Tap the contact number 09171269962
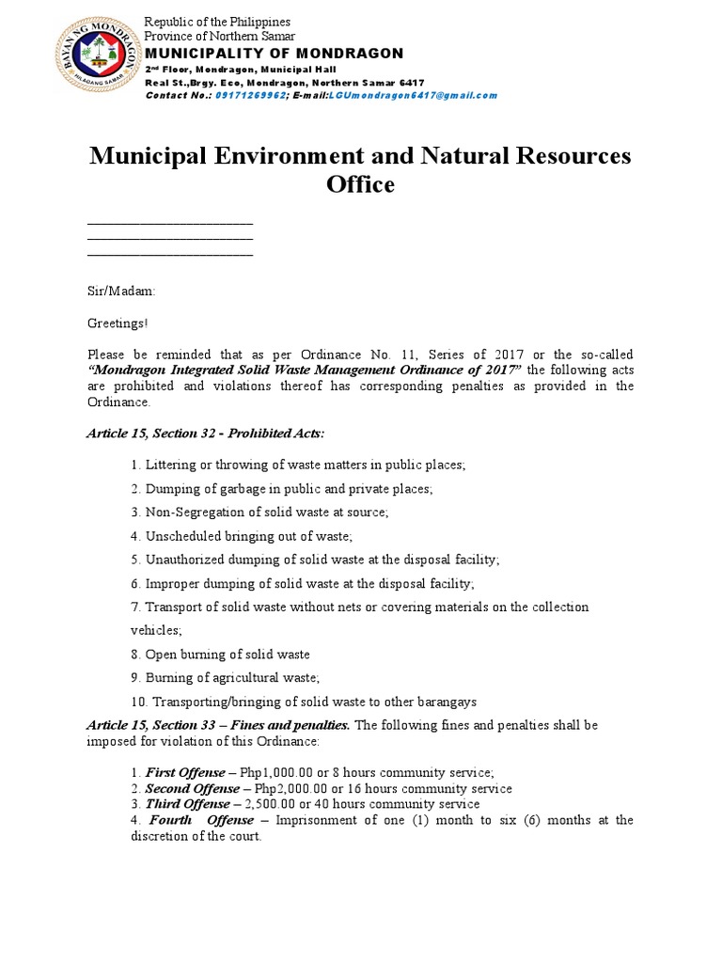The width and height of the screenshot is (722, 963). tap(249, 96)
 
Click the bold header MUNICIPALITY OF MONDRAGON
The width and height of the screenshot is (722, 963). tap(274, 53)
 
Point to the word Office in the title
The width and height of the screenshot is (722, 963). tap(360, 184)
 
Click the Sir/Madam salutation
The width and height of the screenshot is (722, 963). tap(121, 292)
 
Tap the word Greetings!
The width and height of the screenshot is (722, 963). tap(118, 323)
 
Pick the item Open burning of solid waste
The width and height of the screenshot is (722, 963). tap(220, 654)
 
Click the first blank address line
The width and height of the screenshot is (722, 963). tap(170, 224)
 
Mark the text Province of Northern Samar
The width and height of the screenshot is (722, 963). tap(217, 36)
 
